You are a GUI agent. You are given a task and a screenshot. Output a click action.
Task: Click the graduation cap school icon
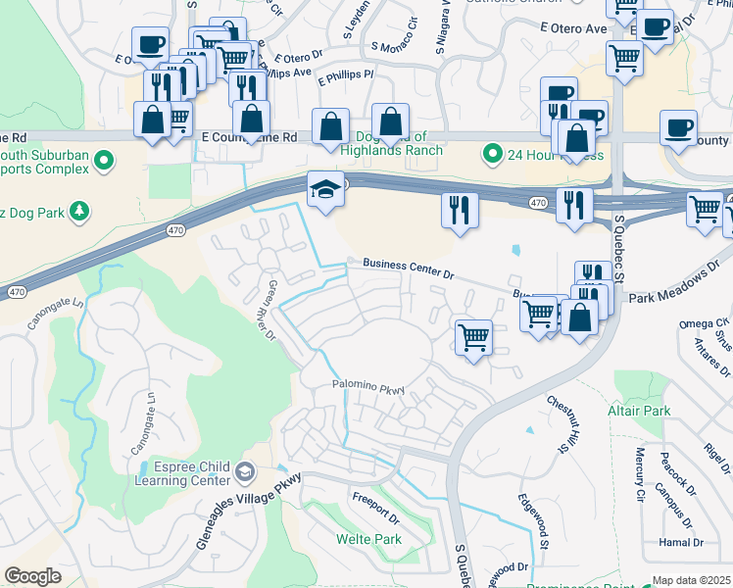325,190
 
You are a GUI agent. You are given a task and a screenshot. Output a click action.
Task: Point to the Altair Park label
638,411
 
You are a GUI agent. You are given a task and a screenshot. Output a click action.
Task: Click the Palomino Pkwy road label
367,389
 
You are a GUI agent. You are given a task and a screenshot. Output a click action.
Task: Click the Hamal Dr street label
683,542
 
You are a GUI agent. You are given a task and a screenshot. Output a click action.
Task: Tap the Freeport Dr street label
377,508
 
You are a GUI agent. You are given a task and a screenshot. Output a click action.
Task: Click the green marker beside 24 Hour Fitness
493,154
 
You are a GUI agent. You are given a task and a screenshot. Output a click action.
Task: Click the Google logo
32,576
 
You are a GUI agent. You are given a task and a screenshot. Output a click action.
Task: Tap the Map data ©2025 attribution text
692,580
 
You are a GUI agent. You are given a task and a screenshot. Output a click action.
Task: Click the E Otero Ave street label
572,28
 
